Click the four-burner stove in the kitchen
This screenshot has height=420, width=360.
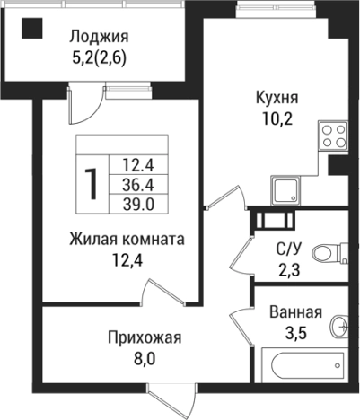pyautogui.click(x=333, y=136)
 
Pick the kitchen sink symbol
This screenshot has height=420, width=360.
pyautogui.click(x=288, y=190)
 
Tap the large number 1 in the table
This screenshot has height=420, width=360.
pyautogui.click(x=92, y=183)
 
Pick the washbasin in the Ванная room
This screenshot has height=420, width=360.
pyautogui.click(x=339, y=324)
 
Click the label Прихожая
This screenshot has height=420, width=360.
pyautogui.click(x=145, y=337)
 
